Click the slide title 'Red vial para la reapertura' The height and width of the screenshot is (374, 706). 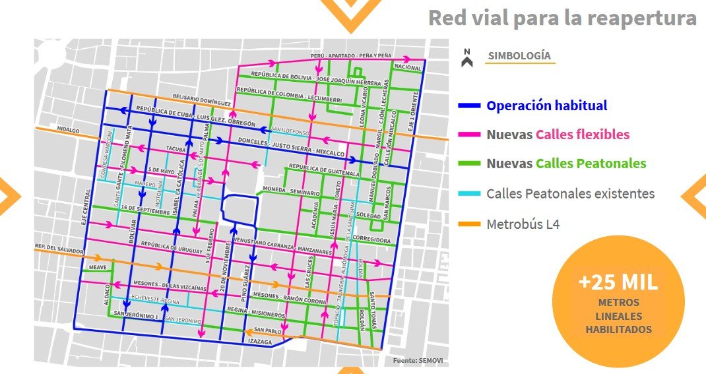(562, 18)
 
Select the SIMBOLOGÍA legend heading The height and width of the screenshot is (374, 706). (520, 56)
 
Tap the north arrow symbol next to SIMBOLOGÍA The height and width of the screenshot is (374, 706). (467, 58)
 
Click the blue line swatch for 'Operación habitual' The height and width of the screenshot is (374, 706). (469, 106)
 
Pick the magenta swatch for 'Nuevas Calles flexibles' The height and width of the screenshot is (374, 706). (469, 135)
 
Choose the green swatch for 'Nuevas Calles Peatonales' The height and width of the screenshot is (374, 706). (469, 164)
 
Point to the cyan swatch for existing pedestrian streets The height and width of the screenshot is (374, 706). (469, 194)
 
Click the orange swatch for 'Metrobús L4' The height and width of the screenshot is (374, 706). (469, 224)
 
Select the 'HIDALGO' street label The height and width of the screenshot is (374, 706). (68, 131)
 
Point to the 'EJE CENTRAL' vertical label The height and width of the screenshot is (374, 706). (84, 208)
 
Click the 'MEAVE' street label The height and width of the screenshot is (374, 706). (98, 267)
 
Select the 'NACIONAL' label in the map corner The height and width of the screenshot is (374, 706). (407, 67)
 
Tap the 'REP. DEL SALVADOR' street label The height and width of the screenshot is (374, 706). (60, 251)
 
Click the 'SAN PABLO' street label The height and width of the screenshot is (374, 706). (267, 330)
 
